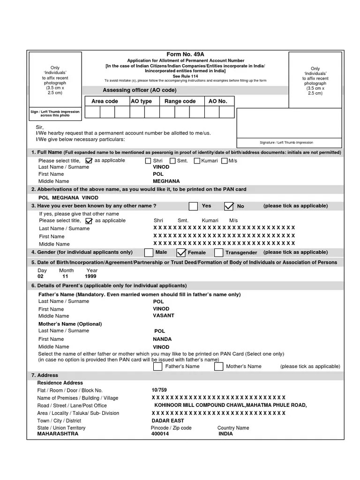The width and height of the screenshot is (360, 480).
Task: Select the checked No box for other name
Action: (x=229, y=206)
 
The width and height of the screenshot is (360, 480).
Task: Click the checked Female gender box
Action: (x=181, y=253)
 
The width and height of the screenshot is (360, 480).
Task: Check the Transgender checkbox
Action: (x=218, y=253)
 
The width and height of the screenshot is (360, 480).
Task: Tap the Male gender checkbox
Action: (x=148, y=253)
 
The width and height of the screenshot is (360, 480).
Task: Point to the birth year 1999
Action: (x=90, y=277)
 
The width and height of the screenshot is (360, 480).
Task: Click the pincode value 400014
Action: (x=160, y=434)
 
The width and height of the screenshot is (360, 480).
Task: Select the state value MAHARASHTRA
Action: (x=58, y=434)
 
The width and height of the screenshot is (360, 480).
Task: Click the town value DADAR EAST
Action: (x=168, y=420)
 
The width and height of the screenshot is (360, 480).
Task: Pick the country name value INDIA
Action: (x=225, y=434)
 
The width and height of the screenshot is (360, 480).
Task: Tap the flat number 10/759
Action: (x=159, y=390)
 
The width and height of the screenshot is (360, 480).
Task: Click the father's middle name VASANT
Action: (x=164, y=316)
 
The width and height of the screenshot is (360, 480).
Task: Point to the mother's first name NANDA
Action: (x=162, y=339)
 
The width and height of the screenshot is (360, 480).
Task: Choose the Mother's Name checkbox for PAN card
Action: (x=219, y=367)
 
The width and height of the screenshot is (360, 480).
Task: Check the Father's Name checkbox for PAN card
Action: (x=158, y=367)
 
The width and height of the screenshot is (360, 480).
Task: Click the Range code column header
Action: (x=180, y=101)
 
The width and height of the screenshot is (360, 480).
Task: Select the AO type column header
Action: (x=141, y=101)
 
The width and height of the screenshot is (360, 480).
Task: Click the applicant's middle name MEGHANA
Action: (x=166, y=181)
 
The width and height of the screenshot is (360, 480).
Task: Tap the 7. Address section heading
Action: (x=45, y=375)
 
